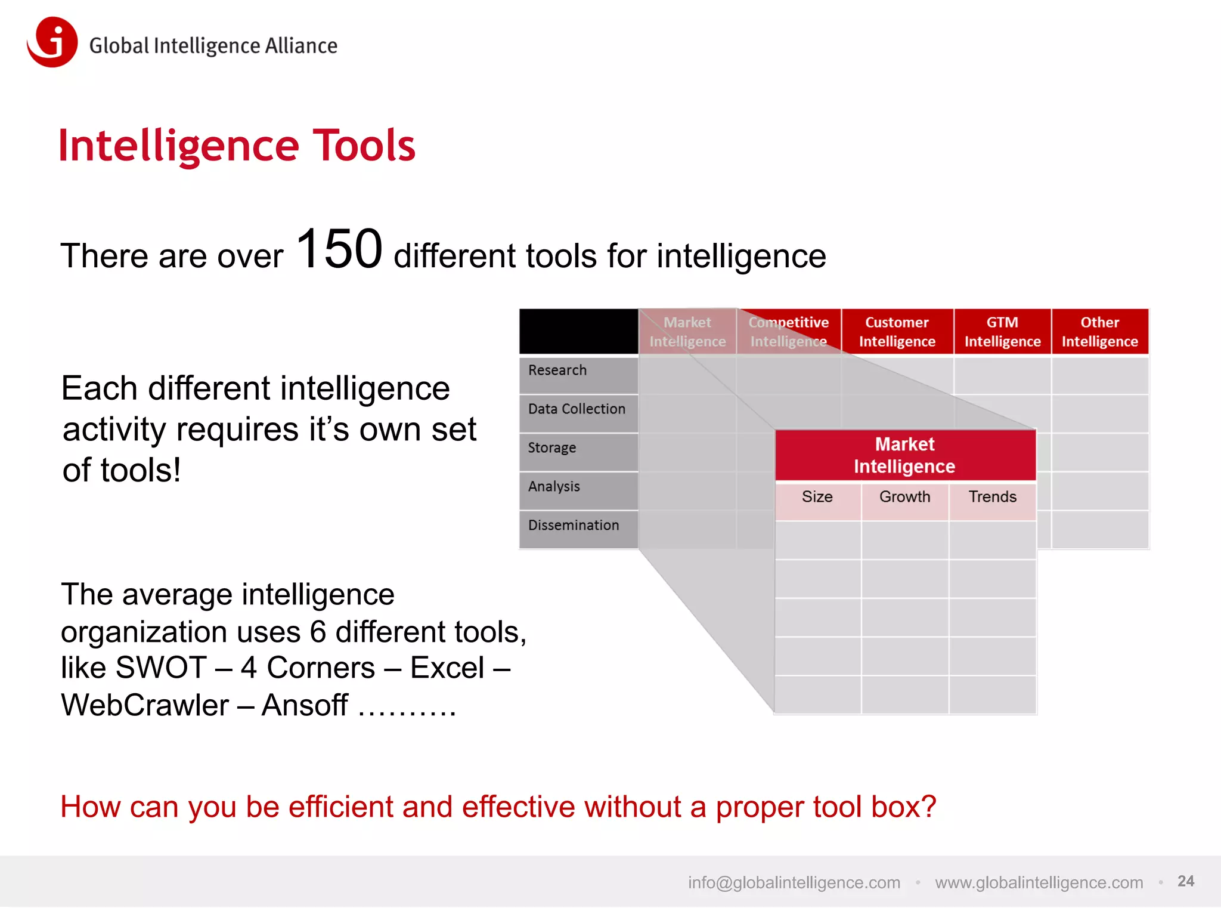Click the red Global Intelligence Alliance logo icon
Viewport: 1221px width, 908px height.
tap(52, 42)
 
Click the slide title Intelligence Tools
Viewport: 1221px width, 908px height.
tap(237, 146)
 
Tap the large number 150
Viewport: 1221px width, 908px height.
tap(339, 249)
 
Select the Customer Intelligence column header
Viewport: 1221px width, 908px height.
tap(897, 332)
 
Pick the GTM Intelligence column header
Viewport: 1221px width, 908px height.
tap(1002, 332)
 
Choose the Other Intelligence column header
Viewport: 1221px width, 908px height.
tap(1099, 332)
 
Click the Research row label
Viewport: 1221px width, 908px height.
tap(557, 370)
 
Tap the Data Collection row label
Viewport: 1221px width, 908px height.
tap(577, 409)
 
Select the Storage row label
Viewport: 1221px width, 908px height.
tap(552, 448)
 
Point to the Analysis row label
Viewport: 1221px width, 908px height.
tap(554, 487)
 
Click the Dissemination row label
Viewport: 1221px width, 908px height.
tap(574, 526)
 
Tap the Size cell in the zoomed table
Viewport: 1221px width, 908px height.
tap(817, 497)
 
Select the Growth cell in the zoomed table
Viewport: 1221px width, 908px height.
tap(904, 497)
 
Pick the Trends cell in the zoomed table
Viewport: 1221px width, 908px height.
tap(992, 497)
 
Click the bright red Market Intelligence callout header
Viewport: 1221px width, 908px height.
tap(904, 455)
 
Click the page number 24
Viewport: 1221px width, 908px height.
tap(1185, 881)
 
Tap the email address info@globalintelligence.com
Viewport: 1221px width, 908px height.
tap(794, 882)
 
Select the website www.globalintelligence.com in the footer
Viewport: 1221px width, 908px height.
tap(1039, 882)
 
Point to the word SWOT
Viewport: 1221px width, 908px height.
tap(161, 668)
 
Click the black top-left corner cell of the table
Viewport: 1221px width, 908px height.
tap(578, 331)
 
